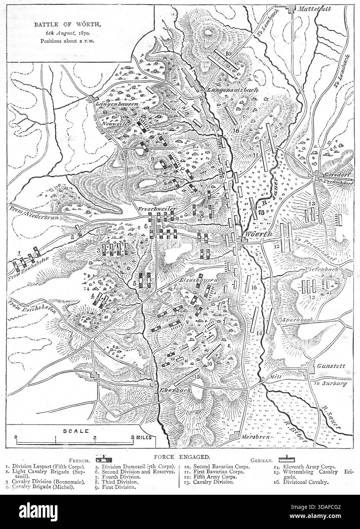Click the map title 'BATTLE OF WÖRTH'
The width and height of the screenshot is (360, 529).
(x=67, y=25)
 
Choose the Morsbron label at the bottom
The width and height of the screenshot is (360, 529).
(x=256, y=437)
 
